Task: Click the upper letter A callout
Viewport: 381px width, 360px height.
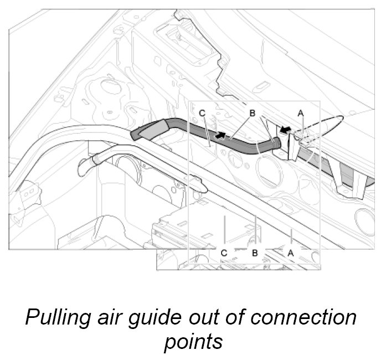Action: [301, 112]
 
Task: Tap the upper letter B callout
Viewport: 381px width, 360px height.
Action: [252, 112]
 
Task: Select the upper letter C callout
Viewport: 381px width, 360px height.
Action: [202, 113]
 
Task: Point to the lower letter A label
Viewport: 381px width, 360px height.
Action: [289, 253]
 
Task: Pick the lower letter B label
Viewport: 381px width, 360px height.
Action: [256, 253]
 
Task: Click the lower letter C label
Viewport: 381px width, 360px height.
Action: [224, 253]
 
